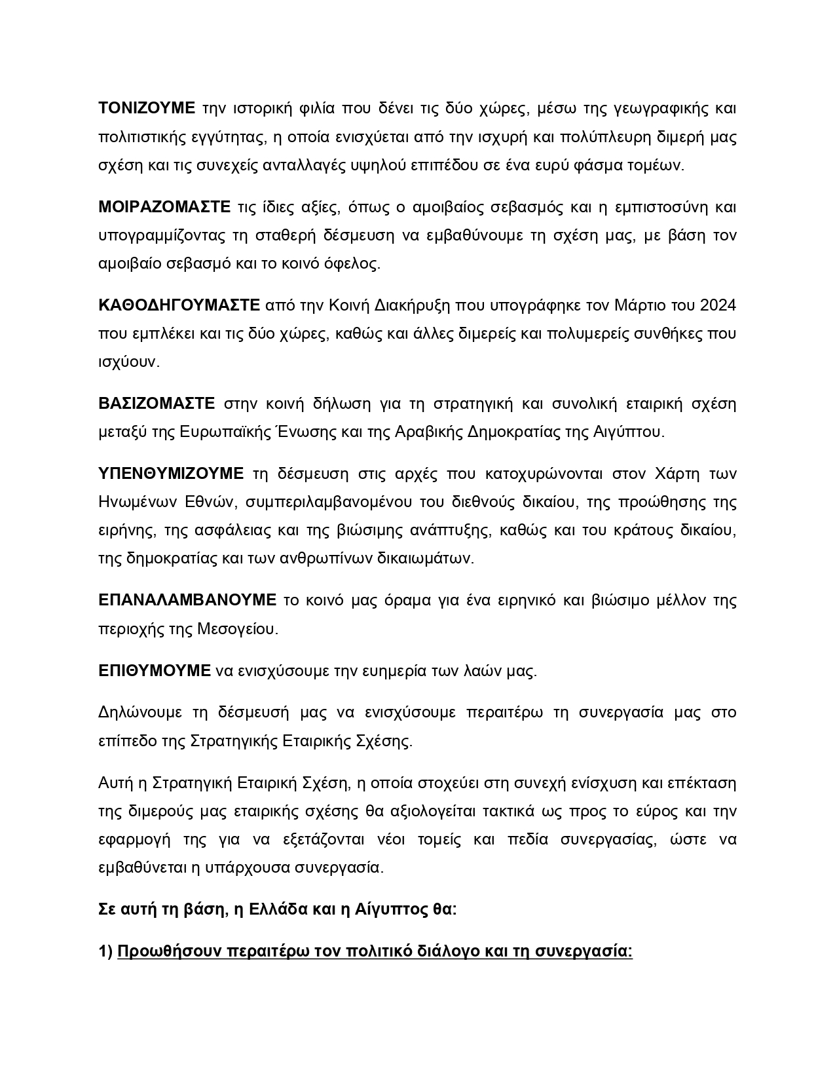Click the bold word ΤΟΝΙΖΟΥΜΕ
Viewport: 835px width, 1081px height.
click(x=147, y=108)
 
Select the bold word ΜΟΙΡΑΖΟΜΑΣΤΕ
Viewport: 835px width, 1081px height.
click(x=164, y=208)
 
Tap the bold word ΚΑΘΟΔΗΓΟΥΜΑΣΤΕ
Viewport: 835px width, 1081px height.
click(x=179, y=305)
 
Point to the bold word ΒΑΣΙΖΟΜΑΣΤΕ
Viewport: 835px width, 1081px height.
click(x=157, y=404)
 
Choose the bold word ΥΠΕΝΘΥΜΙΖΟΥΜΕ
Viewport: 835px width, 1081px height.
click(x=171, y=474)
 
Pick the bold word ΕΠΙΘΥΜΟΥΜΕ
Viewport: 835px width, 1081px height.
click(x=155, y=671)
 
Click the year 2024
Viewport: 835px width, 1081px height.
click(x=718, y=305)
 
